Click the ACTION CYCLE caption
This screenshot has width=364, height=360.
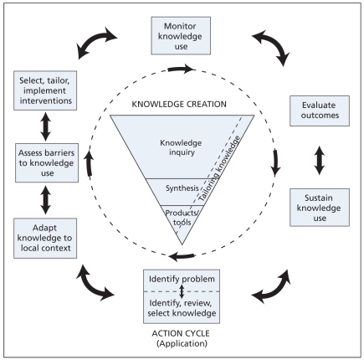pos(181,332)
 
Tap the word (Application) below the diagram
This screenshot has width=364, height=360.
pos(181,343)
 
